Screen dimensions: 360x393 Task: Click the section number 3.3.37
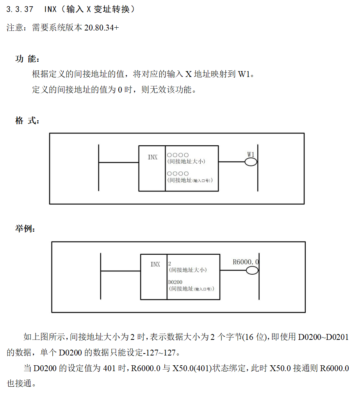(x=20, y=9)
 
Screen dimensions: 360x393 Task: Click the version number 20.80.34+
(x=102, y=28)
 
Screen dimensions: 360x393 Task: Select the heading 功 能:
(x=27, y=59)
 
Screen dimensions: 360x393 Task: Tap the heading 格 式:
(x=27, y=121)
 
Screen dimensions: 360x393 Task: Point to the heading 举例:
(x=25, y=229)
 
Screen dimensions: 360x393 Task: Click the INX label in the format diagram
(x=153, y=157)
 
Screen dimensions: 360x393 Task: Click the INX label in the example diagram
(x=155, y=264)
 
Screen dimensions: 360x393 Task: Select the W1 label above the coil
(x=251, y=154)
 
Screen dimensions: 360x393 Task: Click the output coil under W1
(x=251, y=162)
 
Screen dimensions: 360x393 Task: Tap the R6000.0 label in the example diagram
(x=246, y=262)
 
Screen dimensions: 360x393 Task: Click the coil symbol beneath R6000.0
(x=252, y=270)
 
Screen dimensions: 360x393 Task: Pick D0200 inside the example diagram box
(x=175, y=282)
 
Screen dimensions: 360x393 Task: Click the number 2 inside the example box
(x=169, y=264)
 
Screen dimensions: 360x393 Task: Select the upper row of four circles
(x=178, y=155)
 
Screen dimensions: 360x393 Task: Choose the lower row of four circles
(x=178, y=173)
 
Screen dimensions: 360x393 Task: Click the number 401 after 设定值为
(x=109, y=368)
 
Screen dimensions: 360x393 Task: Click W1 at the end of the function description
(x=244, y=74)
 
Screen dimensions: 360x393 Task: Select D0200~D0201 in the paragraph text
(x=323, y=337)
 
